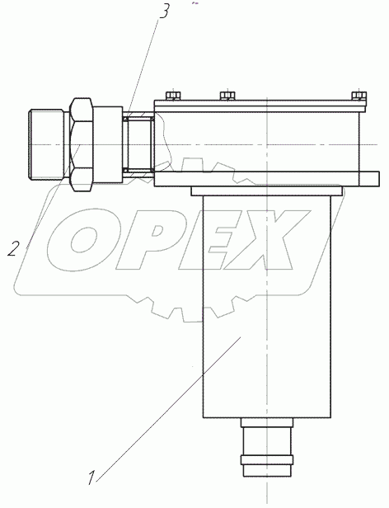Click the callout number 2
(13, 249)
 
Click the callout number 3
(164, 12)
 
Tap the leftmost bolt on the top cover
(173, 96)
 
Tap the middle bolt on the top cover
(227, 96)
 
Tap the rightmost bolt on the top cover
(359, 96)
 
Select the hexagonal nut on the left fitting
(82, 144)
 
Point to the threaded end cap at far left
(46, 144)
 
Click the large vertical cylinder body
(266, 307)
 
